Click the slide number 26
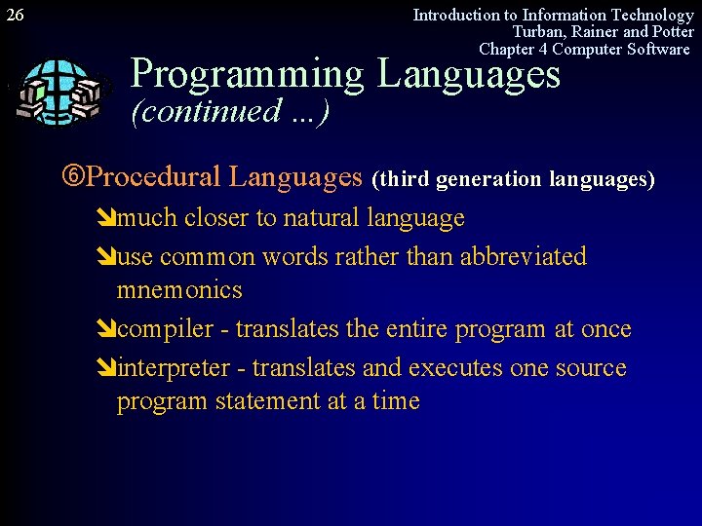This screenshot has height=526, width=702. pos(15,15)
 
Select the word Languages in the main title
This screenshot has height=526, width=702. pos(469,74)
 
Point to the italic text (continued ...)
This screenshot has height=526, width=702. pos(230,111)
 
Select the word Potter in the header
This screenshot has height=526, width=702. pos(672,32)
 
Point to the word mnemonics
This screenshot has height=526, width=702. pos(179,290)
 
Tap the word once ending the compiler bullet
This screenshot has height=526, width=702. pos(605,330)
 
